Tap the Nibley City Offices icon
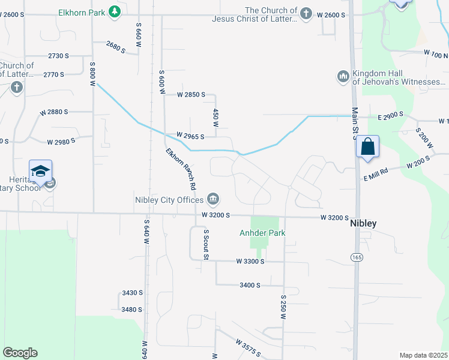(213, 199)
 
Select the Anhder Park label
(262, 233)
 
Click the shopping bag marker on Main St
(367, 147)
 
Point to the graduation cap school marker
(40, 171)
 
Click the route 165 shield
(357, 257)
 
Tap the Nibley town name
(363, 223)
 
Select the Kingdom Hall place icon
(343, 76)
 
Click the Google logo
(20, 353)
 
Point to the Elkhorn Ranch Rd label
(181, 168)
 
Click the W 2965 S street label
(191, 136)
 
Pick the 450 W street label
(215, 118)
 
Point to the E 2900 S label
(391, 114)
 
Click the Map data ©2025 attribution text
(423, 355)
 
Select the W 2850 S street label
(191, 95)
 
